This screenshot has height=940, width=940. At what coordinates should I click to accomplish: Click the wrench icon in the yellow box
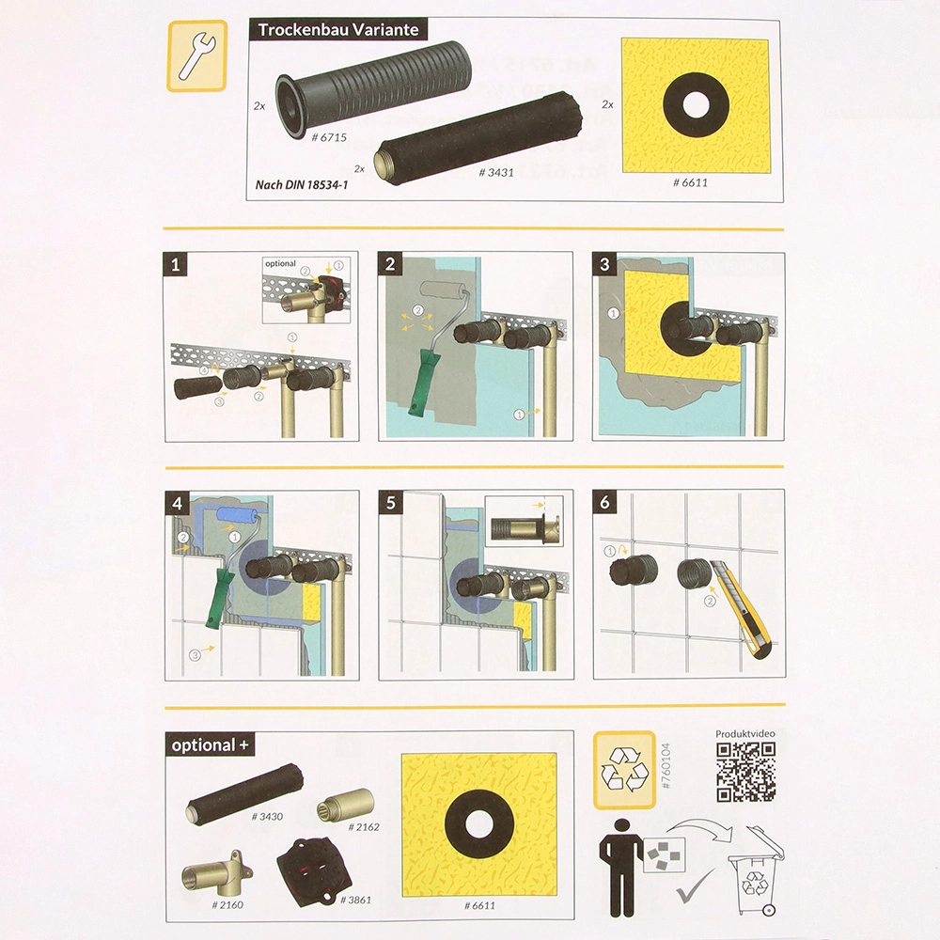click(x=196, y=55)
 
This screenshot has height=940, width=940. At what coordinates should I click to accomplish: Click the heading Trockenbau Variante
click(x=338, y=30)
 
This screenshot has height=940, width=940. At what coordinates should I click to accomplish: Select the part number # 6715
click(x=329, y=137)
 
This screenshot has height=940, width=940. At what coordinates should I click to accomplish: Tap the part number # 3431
click(x=495, y=173)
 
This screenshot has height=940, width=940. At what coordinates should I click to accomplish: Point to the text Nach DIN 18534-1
click(x=302, y=184)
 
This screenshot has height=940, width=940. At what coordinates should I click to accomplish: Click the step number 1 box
click(x=175, y=264)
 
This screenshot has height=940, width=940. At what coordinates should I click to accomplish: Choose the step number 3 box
click(x=604, y=264)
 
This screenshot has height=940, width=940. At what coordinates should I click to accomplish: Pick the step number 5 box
click(x=390, y=502)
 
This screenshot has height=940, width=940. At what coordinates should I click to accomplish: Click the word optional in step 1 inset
click(x=280, y=264)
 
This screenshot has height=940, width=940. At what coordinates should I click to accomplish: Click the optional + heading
click(x=210, y=745)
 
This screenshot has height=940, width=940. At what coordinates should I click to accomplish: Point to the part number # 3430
click(x=267, y=817)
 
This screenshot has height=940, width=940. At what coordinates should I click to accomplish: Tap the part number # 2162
click(x=363, y=827)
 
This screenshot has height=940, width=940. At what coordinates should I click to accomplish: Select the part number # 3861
click(x=355, y=900)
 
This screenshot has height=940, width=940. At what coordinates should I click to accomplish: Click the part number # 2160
click(x=227, y=905)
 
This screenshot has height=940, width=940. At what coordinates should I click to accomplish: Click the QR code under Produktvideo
click(x=745, y=772)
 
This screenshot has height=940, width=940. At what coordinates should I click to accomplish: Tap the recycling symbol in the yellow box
click(x=624, y=770)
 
